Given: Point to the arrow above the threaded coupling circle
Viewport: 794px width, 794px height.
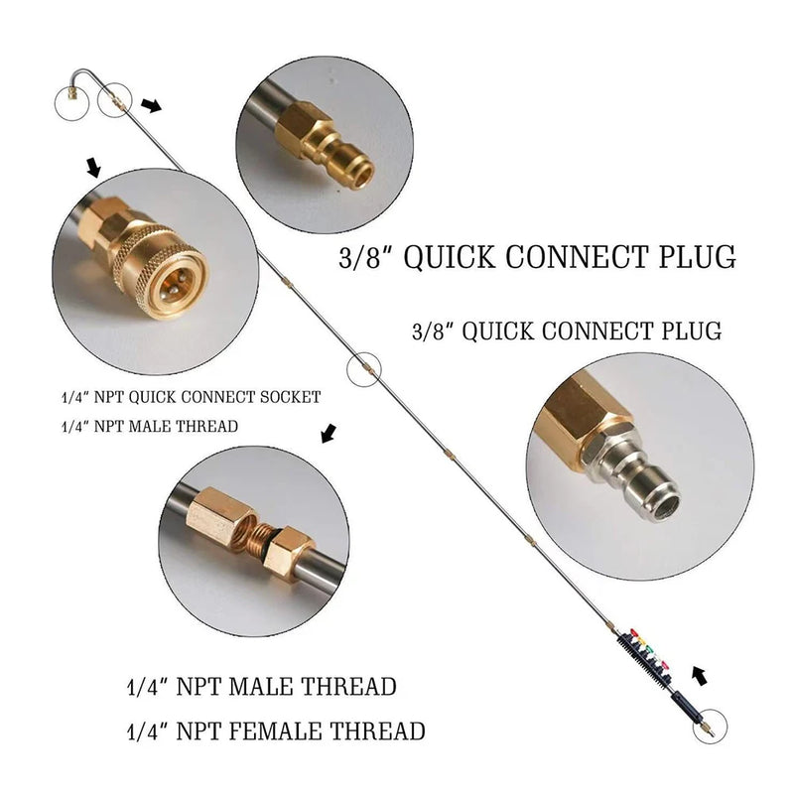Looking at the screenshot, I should (x=328, y=433).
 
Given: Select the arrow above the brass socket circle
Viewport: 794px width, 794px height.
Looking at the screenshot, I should (x=94, y=168).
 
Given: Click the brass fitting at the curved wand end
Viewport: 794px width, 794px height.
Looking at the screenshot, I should (x=71, y=96).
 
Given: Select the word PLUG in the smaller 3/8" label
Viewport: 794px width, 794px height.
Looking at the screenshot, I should (x=688, y=331).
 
